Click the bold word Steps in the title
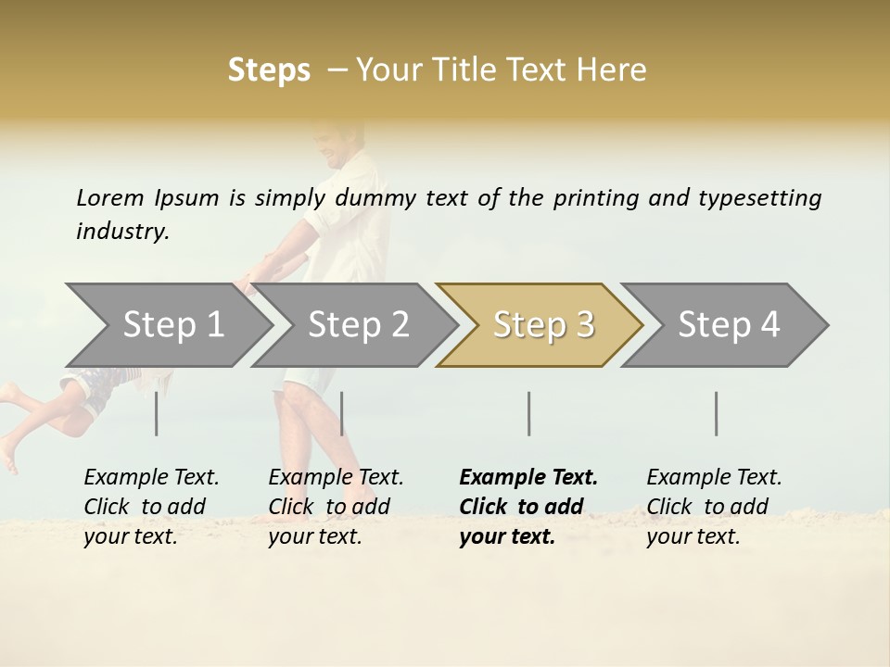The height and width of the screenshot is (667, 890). [x=269, y=70]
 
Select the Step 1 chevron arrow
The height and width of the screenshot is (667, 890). [x=172, y=325]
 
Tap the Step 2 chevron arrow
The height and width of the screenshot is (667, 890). [x=358, y=325]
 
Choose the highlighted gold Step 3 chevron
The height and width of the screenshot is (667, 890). [x=543, y=325]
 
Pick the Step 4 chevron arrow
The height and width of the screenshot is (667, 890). [x=729, y=325]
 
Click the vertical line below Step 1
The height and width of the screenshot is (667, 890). [x=157, y=413]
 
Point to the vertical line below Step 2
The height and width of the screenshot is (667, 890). [x=342, y=413]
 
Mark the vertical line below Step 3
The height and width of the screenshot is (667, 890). [x=529, y=413]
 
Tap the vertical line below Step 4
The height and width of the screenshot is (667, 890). [x=717, y=413]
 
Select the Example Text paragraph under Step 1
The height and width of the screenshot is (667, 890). [x=151, y=507]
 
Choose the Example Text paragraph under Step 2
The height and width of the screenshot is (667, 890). [x=336, y=507]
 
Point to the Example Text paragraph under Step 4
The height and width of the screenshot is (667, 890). [x=714, y=507]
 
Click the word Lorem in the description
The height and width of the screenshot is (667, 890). [x=110, y=197]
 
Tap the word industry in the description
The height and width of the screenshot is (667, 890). [x=122, y=232]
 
